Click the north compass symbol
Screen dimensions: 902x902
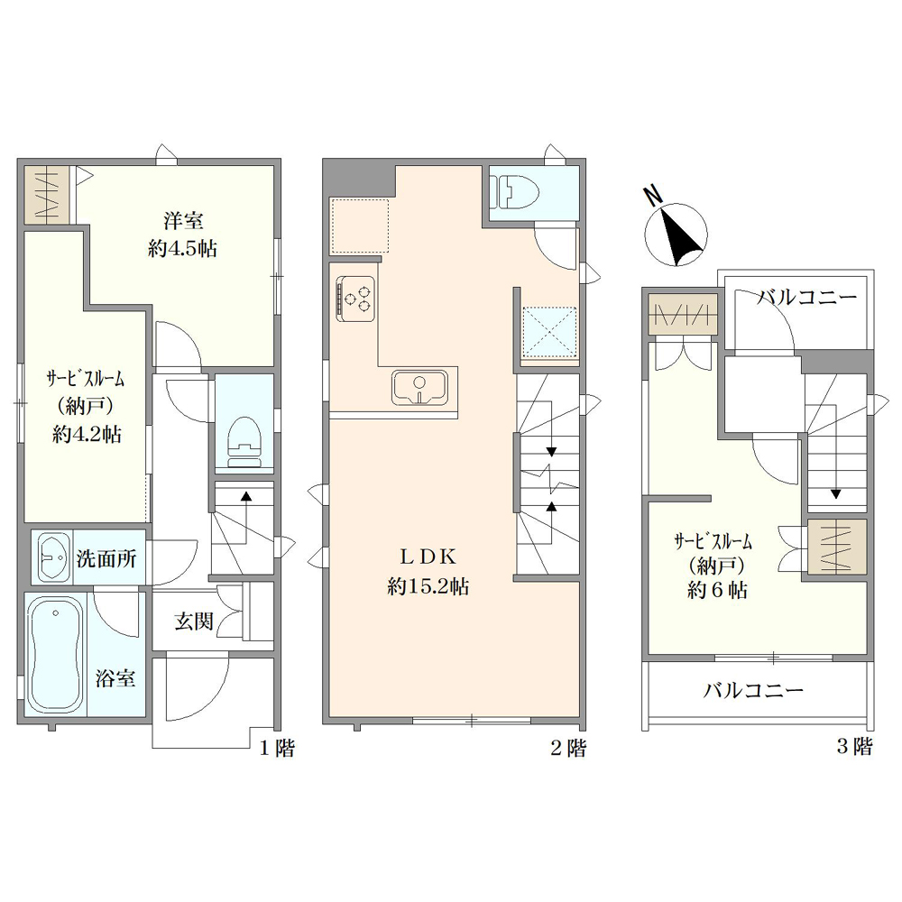[676, 233]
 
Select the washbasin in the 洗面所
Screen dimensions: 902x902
[53, 557]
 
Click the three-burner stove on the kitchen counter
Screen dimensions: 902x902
[356, 296]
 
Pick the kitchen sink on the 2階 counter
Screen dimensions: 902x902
[419, 387]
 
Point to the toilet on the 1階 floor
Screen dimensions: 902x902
[244, 442]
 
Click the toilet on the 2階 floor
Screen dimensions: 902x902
[517, 191]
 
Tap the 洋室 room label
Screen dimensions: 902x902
[183, 220]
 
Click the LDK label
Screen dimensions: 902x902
[428, 557]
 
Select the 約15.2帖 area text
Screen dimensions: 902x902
[428, 586]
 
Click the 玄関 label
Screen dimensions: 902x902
[194, 621]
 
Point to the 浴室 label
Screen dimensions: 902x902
[115, 679]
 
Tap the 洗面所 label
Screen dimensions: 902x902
[106, 558]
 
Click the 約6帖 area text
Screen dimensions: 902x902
[717, 591]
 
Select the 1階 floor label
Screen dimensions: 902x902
[277, 749]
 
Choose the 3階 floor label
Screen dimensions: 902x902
[854, 747]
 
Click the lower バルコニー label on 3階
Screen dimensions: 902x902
[753, 690]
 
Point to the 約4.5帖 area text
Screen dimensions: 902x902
[182, 249]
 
